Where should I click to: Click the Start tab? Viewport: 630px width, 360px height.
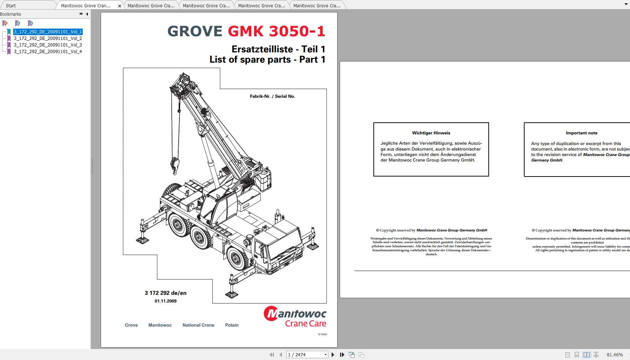click(x=11, y=5)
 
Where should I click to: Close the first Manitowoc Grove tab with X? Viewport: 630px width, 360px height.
click(x=119, y=6)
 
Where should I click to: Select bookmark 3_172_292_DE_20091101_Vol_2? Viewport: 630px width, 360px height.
click(x=48, y=38)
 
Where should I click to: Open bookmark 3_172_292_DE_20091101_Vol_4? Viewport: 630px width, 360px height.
click(x=48, y=52)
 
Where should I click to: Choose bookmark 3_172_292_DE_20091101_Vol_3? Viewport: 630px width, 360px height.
click(x=48, y=45)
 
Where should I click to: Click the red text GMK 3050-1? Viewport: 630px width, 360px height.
click(x=276, y=31)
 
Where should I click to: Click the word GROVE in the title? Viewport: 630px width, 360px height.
click(x=195, y=31)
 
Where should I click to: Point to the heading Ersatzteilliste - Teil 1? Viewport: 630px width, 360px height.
click(x=278, y=49)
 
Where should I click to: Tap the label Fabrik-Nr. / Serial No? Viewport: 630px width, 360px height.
click(x=272, y=96)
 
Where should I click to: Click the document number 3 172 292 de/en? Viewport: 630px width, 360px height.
click(x=165, y=293)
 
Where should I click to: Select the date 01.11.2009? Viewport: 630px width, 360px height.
click(x=165, y=301)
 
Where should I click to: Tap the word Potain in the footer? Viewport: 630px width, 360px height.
click(x=232, y=325)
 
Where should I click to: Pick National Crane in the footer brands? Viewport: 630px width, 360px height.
click(x=198, y=325)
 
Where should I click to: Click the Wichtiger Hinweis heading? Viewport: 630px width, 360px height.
click(x=431, y=133)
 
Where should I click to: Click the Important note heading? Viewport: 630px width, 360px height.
click(x=581, y=133)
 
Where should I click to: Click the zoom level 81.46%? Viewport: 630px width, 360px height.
click(x=615, y=355)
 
